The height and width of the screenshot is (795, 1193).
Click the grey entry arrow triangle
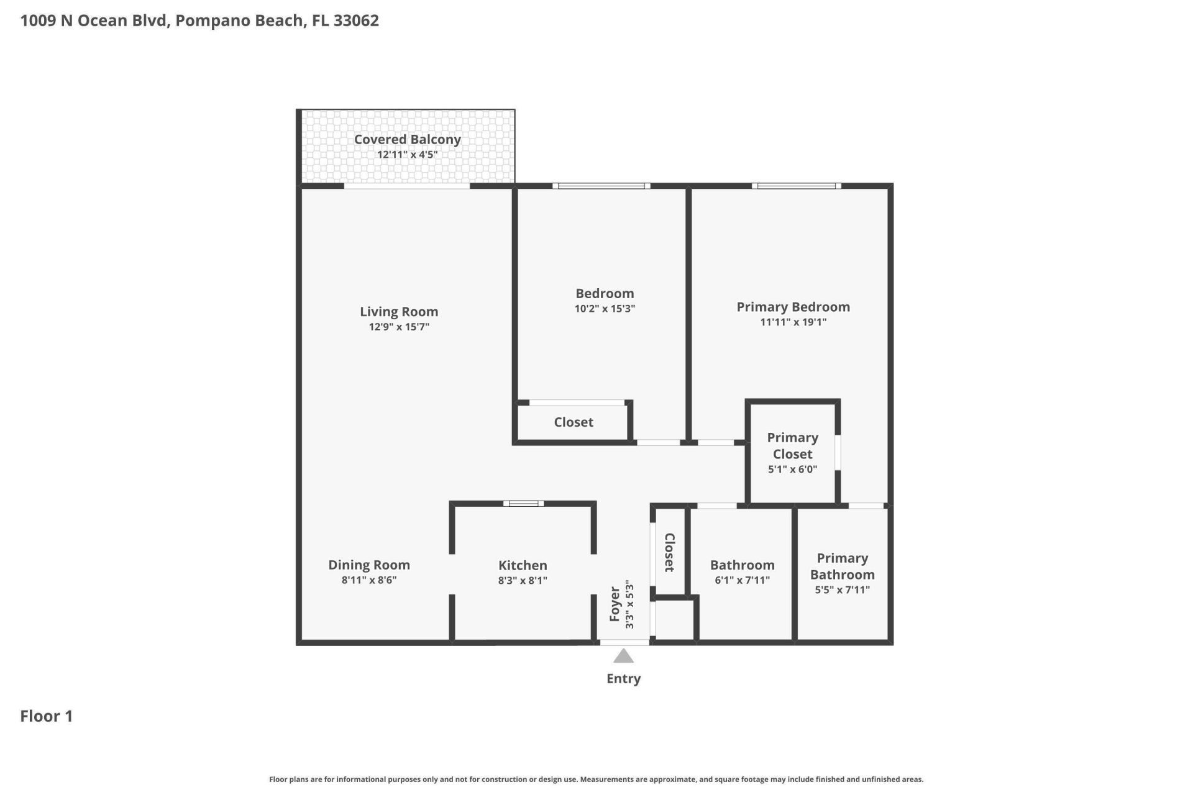pos(623,656)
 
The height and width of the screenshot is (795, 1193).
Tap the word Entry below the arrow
pos(623,678)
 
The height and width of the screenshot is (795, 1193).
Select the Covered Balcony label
pos(407,140)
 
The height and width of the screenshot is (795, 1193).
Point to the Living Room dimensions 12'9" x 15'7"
pos(399,327)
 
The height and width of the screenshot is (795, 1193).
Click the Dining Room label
pos(368,565)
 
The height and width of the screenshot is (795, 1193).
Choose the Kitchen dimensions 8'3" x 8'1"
pos(523,581)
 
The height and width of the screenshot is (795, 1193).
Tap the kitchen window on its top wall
pos(523,504)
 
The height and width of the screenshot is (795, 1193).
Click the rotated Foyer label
pos(615,604)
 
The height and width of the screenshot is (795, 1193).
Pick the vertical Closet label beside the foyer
pos(669,552)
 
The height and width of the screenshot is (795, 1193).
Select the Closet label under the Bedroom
pos(573,422)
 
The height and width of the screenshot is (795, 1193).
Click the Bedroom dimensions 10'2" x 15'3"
pos(605,309)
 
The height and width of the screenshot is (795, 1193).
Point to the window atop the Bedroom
pos(601,186)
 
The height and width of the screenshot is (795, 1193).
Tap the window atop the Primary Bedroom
pos(796,186)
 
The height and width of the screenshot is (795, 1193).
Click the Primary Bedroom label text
pos(793,307)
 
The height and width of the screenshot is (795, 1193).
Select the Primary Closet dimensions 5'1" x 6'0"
pos(792,470)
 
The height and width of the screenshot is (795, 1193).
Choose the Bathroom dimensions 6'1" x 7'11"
pos(742,581)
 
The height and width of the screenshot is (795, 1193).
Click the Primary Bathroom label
pos(842,566)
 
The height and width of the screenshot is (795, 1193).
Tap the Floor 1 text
pos(47,716)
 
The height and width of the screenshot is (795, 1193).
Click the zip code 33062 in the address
pos(356,20)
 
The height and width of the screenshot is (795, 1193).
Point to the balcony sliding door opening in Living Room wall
pos(407,186)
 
